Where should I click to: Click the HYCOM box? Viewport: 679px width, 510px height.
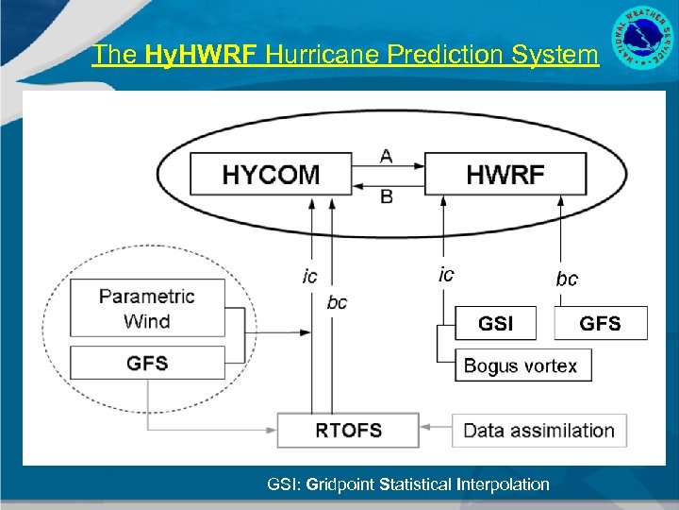(271, 175)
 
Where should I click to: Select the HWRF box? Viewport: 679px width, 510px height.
(505, 175)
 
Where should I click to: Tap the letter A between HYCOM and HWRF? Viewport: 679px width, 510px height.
(387, 156)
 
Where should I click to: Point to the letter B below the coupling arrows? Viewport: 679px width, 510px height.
(387, 196)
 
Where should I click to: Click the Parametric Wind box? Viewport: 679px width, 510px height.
(147, 308)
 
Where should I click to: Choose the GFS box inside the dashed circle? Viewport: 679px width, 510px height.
(147, 363)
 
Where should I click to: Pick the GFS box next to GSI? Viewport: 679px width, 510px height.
(600, 323)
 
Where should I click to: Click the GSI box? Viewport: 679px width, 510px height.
(495, 323)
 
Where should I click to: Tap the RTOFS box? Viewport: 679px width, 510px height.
(348, 430)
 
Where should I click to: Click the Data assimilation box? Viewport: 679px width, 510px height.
(538, 430)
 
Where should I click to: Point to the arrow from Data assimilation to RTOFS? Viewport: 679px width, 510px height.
(436, 429)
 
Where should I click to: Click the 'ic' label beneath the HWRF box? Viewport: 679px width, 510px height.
(446, 275)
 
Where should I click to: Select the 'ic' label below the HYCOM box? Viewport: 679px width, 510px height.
(309, 276)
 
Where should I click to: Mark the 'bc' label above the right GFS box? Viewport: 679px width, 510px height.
(567, 279)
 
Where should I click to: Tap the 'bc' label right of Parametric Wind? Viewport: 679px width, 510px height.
(337, 302)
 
